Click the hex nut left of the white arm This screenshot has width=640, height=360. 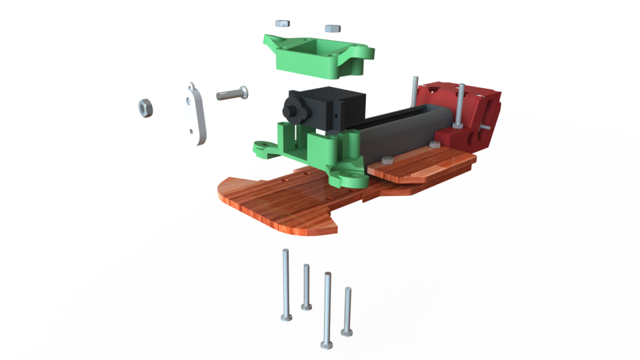pyautogui.click(x=144, y=107)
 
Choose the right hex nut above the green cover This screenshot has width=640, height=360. pyautogui.click(x=331, y=28)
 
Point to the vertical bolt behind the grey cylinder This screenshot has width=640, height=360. pyautogui.click(x=415, y=90)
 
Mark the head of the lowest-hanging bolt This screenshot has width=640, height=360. pyautogui.click(x=327, y=344)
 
